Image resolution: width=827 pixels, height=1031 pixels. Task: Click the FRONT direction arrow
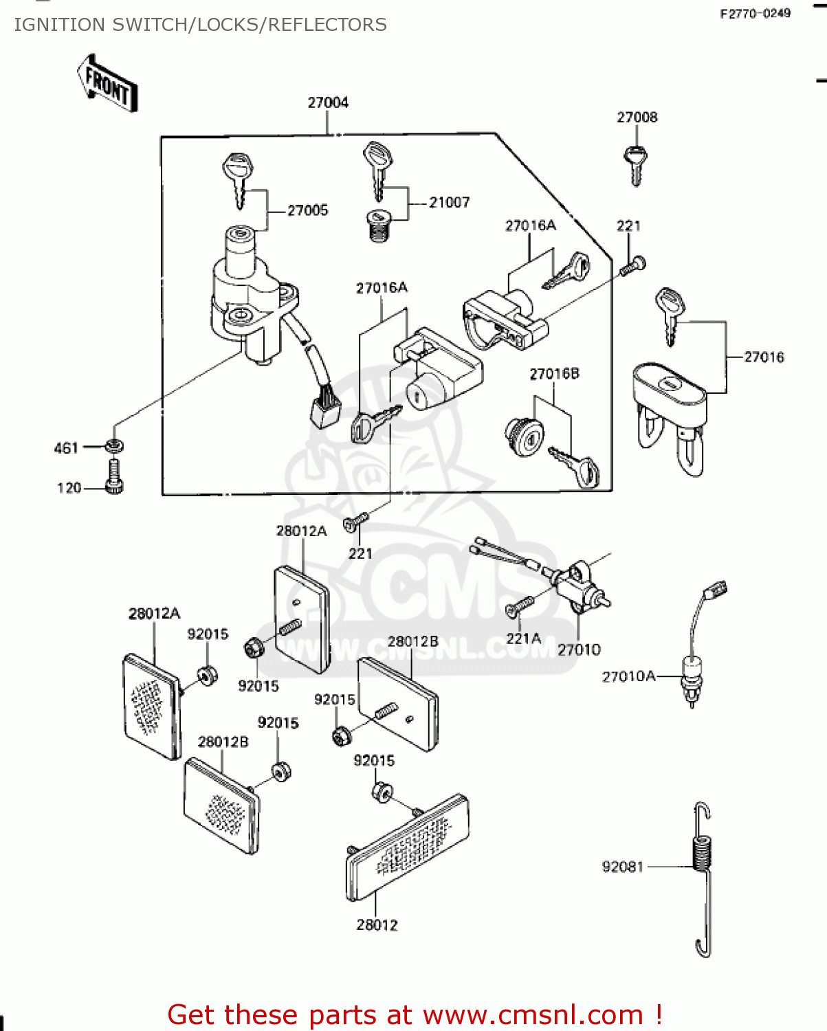[108, 84]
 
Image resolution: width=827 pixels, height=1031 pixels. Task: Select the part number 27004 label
[328, 102]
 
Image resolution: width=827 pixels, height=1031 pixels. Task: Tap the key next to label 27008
[636, 164]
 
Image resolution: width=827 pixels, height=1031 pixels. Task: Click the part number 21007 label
[449, 202]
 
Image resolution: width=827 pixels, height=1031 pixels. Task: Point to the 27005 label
[307, 210]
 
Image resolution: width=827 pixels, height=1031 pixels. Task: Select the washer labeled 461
[114, 446]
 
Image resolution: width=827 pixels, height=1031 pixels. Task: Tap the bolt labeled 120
[114, 478]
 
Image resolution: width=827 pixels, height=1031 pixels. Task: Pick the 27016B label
[554, 374]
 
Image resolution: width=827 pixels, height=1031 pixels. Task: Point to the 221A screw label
[523, 639]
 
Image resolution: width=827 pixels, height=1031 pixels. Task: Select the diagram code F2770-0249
[755, 13]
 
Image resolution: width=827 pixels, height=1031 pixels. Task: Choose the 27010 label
[579, 650]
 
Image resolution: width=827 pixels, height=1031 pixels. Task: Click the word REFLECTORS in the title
[327, 25]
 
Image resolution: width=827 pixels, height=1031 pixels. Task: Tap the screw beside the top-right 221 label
[633, 265]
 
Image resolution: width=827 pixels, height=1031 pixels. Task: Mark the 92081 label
[622, 867]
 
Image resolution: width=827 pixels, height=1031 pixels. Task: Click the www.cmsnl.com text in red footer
[533, 1015]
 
